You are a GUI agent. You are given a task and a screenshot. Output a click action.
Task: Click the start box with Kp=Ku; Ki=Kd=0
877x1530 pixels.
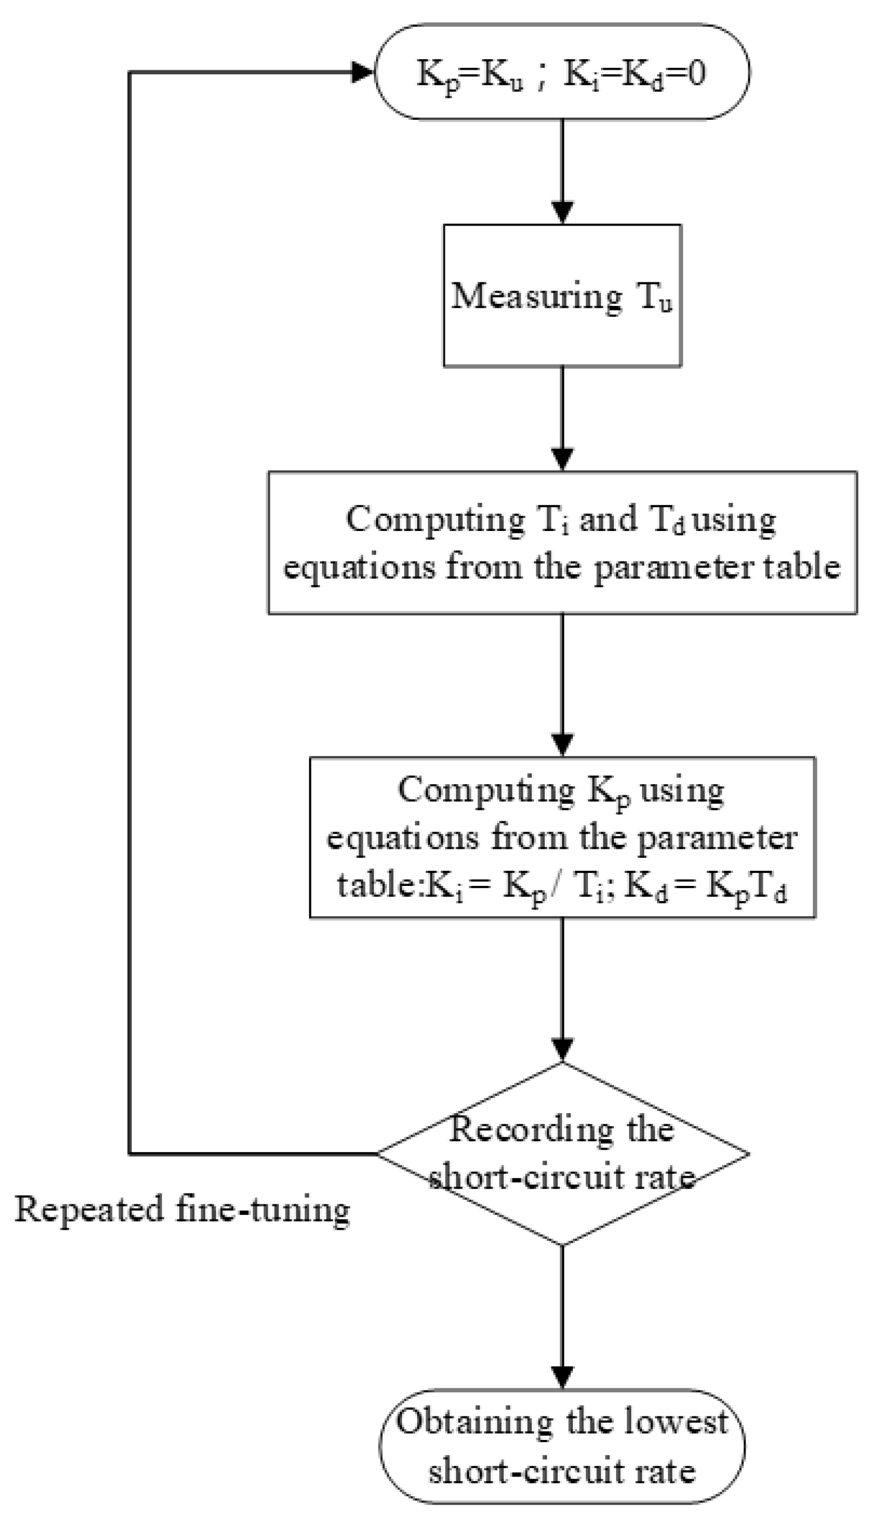point(562,73)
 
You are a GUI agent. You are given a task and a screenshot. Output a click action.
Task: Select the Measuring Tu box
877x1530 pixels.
point(562,295)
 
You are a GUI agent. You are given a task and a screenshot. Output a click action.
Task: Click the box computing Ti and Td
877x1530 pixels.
point(562,542)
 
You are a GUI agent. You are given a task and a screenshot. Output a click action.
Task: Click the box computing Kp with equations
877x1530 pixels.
point(562,838)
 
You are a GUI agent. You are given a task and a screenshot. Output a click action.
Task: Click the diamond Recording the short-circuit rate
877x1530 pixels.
point(562,1154)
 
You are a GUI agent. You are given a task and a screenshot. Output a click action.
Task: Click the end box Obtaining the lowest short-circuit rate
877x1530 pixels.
point(562,1446)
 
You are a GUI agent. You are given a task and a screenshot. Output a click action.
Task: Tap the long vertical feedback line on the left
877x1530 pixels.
point(129,602)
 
